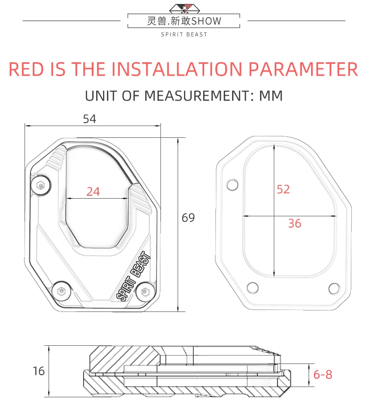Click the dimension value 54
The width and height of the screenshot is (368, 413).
[x=90, y=119]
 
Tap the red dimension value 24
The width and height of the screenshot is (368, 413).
[x=93, y=191]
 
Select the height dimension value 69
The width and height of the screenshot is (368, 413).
[x=188, y=218]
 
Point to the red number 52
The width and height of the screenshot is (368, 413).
[x=283, y=189]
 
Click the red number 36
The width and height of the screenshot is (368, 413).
[x=294, y=223]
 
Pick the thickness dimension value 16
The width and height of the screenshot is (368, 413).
[x=39, y=371]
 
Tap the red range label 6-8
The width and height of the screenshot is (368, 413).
[x=323, y=374]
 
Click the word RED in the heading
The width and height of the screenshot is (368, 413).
[x=26, y=69]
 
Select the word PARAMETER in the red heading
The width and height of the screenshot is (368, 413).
[x=303, y=69]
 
